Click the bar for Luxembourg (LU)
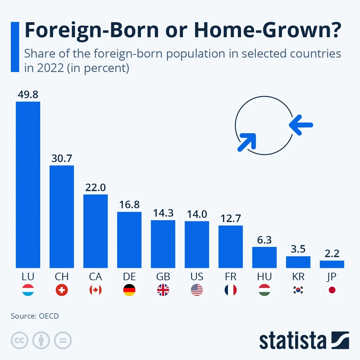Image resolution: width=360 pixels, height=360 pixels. coord(28,184)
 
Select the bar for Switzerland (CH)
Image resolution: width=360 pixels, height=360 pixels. coord(61,216)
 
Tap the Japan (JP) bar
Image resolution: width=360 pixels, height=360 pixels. coord(332,264)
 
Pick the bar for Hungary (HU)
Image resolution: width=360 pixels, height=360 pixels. coord(264,257)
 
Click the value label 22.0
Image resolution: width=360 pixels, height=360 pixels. coord(95,187)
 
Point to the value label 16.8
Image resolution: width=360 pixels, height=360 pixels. coord(129,205)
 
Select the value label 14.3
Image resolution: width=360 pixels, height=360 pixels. coord(163,213)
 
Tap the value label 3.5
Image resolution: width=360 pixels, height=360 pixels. coord(298,249)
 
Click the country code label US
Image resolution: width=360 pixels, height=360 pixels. coord(197,277)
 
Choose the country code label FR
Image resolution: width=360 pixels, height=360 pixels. coord(231,277)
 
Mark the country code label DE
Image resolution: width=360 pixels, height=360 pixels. coord(129,277)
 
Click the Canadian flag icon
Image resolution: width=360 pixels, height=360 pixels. coord(95,290)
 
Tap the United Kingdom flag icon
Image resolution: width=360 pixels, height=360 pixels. coord(163,290)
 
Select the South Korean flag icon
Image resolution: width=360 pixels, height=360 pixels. coord(298,290)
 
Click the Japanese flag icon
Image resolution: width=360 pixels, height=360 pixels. coord(332,290)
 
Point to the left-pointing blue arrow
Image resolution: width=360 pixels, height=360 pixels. coord(301,125)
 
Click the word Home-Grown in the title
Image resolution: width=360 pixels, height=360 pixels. coord(267,30)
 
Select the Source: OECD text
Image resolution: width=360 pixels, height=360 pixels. coord(35,316)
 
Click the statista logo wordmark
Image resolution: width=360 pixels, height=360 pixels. coord(292,341)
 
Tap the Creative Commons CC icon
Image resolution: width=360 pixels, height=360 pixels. coord(19,340)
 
